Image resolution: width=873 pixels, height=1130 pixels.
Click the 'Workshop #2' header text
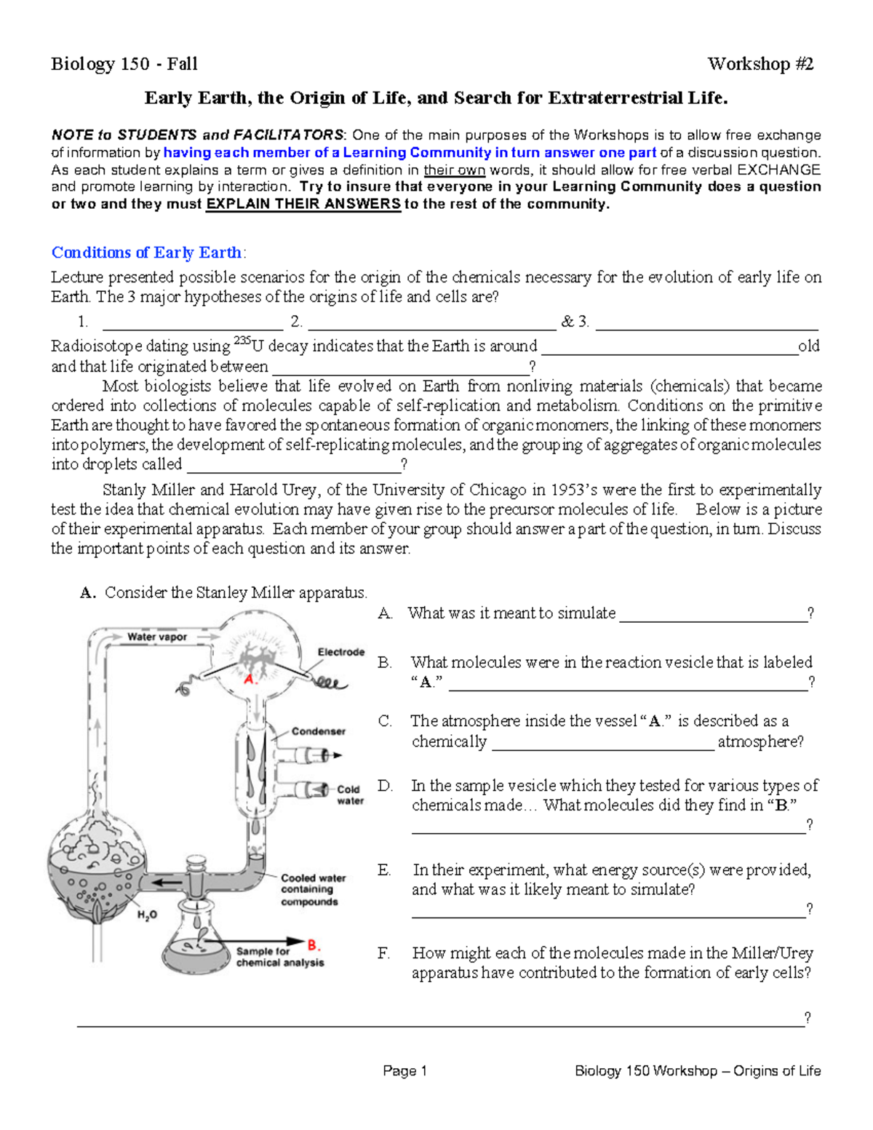[x=760, y=64]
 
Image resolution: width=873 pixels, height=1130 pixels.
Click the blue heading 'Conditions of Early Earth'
[x=146, y=252]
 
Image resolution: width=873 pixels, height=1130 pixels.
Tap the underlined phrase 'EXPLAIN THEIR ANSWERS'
[x=303, y=204]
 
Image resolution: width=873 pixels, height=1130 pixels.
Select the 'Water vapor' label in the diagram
[x=157, y=637]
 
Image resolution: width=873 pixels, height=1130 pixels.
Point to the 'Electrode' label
[x=340, y=652]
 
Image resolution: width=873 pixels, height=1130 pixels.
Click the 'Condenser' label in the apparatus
[x=319, y=731]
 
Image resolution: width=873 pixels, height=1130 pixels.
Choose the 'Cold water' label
[x=349, y=795]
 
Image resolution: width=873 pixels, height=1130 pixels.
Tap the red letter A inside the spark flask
[x=250, y=679]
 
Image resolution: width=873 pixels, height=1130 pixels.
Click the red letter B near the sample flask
[x=314, y=945]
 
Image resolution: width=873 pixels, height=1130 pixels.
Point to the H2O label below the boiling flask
[x=147, y=915]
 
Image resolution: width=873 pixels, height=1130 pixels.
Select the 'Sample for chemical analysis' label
[x=279, y=957]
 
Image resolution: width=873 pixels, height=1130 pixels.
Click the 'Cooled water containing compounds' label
[x=313, y=890]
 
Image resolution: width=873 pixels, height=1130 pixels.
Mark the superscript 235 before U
[x=241, y=341]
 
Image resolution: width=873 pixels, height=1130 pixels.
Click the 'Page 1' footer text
[x=404, y=1070]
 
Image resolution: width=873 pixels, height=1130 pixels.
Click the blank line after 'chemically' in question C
[x=603, y=743]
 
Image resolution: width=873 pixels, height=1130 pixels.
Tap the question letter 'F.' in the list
[x=384, y=953]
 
